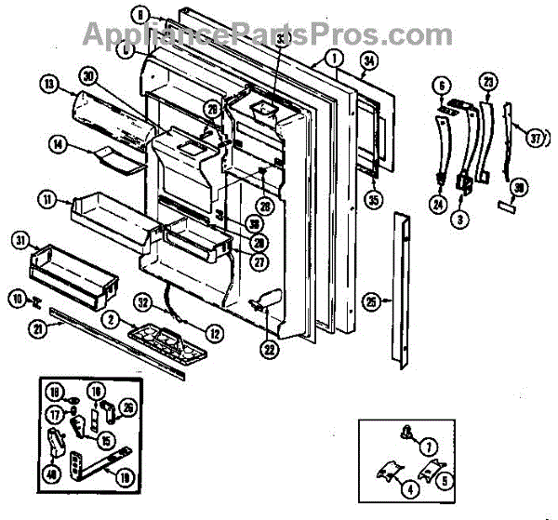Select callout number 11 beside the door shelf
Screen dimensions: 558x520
coord(47,198)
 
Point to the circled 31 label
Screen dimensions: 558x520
coord(19,240)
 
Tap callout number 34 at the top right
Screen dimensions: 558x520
coord(367,63)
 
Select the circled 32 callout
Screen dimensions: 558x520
coord(142,301)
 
